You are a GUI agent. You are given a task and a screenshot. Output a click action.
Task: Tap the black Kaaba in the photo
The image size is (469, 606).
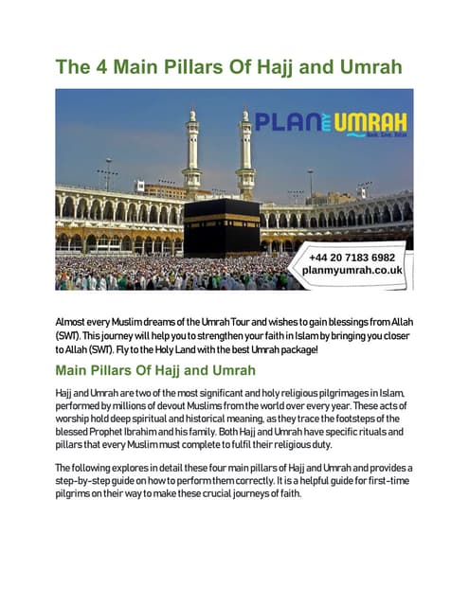(x=222, y=227)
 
